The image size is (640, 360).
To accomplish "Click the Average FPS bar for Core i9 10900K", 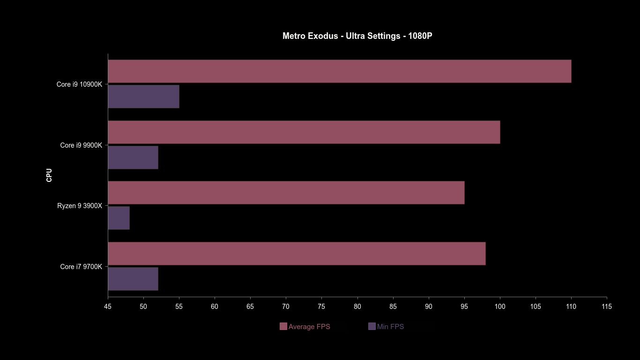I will tap(339, 71).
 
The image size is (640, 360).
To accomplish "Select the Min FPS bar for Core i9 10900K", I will tap(143, 97).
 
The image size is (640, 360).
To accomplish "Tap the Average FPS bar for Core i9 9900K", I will tap(304, 132).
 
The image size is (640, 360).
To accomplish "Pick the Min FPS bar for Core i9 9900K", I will tap(133, 157).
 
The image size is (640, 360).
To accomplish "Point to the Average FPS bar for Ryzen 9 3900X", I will tap(286, 193).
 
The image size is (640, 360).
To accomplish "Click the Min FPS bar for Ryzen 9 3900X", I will tap(119, 218).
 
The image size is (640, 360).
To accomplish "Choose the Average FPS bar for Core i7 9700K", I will tap(297, 254).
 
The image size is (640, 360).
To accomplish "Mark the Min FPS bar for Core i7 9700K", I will tap(133, 279).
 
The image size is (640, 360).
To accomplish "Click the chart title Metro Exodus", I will tap(357, 36).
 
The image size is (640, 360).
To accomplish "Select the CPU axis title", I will tap(49, 175).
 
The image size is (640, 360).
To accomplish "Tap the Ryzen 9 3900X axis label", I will tap(80, 206).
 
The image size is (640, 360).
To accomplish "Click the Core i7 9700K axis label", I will tap(81, 267).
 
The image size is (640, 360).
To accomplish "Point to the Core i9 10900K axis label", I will tap(79, 84).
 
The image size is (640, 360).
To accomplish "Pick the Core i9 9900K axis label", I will tap(81, 145).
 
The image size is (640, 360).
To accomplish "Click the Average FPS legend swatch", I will tap(283, 327).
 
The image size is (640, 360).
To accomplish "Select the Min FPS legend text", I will tap(390, 327).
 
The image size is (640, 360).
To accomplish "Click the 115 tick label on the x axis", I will tap(607, 307).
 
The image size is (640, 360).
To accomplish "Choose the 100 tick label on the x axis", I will tap(500, 307).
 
